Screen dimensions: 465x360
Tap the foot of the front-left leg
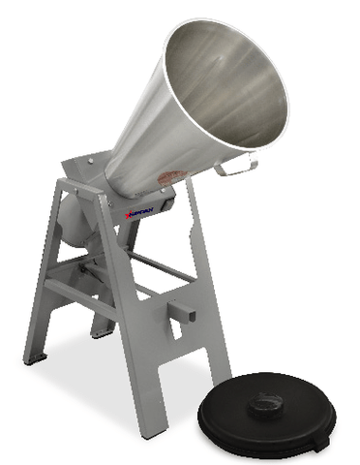[37, 360]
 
